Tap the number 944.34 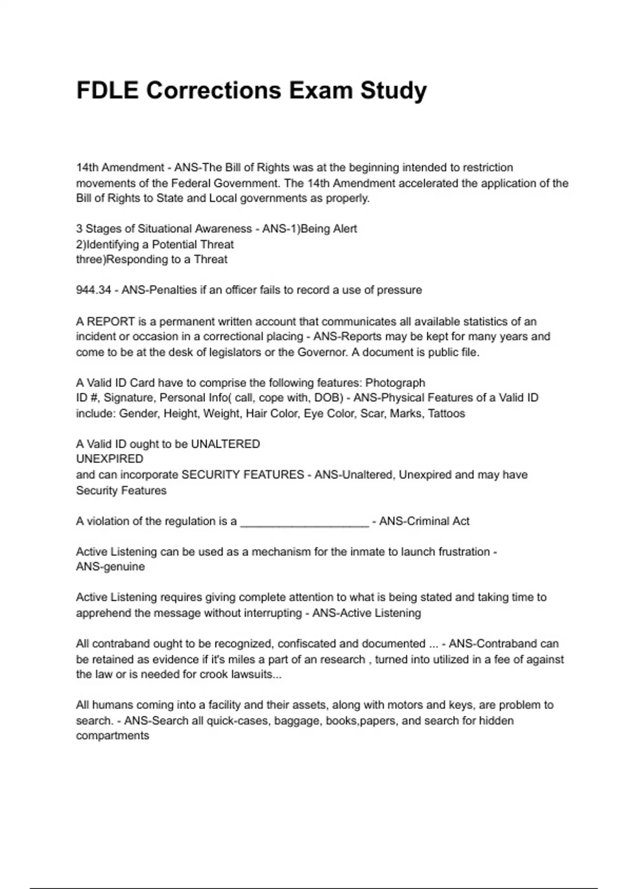[x=94, y=290]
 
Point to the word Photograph [x=395, y=383]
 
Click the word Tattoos [x=446, y=414]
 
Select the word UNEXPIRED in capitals [x=109, y=459]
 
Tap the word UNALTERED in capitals [x=226, y=444]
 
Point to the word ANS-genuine [x=110, y=567]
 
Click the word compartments [x=113, y=736]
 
